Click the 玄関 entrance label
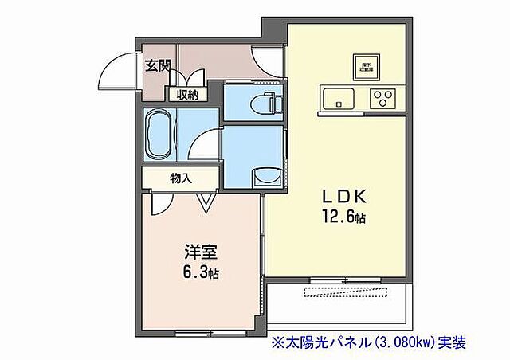click(x=157, y=65)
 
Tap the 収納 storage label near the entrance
click(x=187, y=93)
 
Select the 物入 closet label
click(x=181, y=178)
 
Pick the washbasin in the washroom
click(x=264, y=175)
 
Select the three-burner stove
click(x=381, y=100)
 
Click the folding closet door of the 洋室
click(x=206, y=201)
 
